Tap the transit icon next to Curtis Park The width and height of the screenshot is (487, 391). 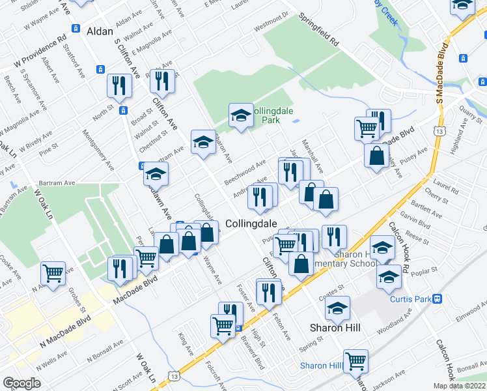[x=438, y=299]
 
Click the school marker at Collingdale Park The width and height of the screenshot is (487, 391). [x=241, y=116]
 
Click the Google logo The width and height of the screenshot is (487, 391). [x=21, y=383]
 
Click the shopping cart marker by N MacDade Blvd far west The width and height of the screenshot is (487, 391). [x=53, y=272]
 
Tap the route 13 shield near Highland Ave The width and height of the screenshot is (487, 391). [x=441, y=132]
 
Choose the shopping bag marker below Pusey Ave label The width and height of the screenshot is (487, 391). [x=376, y=156]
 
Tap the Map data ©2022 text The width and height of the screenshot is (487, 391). [x=459, y=386]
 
